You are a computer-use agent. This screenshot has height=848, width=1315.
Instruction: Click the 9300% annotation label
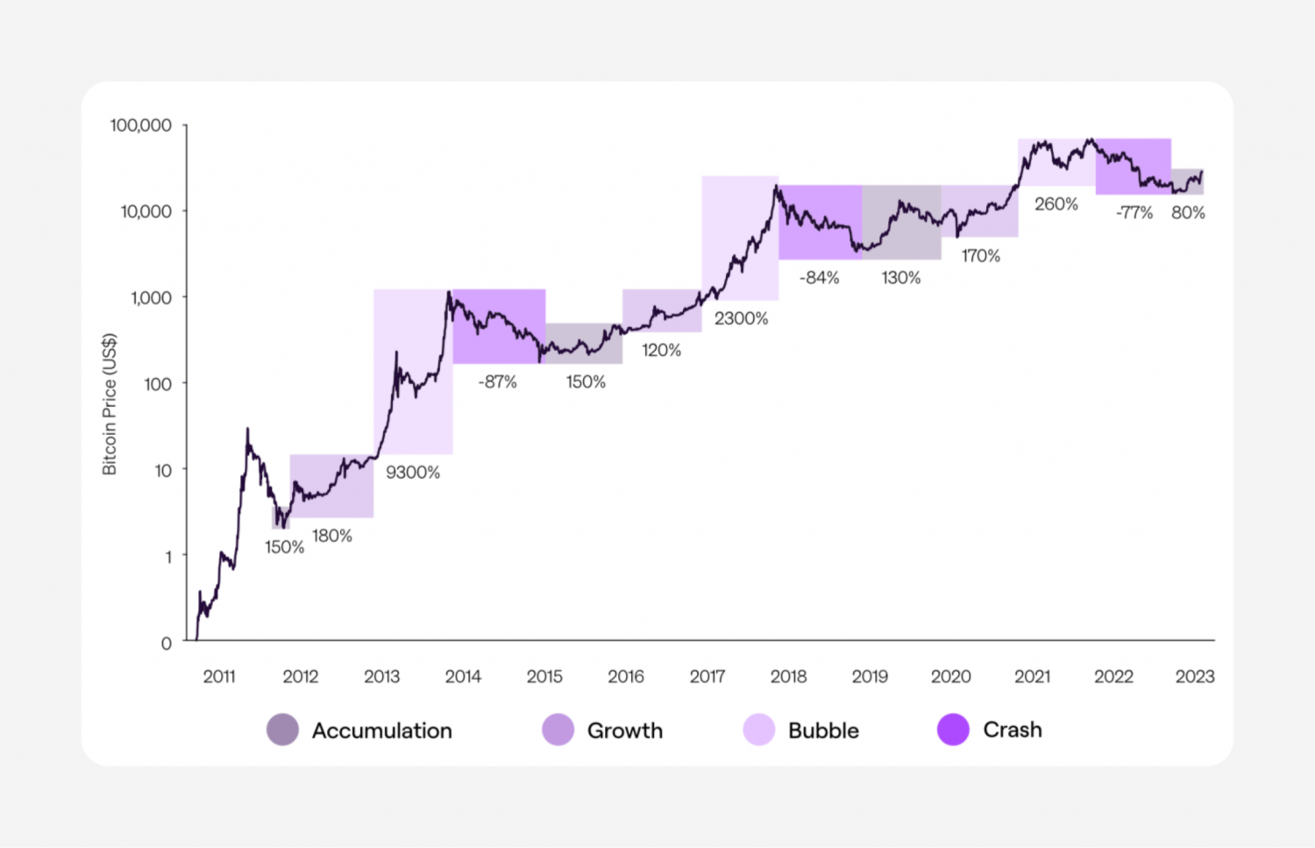pos(413,473)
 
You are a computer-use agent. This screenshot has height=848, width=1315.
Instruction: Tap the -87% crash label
pos(497,382)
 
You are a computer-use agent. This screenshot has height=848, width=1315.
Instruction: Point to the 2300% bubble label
pos(741,319)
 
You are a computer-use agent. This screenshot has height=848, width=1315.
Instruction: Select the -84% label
pos(819,278)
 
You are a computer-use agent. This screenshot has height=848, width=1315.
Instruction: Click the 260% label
pos(1056,204)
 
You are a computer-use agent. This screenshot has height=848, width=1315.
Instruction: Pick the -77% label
pos(1134,213)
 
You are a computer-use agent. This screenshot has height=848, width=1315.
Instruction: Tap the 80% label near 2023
pos(1188,213)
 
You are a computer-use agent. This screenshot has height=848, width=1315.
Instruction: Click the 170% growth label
pos(980,256)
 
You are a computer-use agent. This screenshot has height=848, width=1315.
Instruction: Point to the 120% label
pos(661,351)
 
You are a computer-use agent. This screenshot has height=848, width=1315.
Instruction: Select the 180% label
pos(332,536)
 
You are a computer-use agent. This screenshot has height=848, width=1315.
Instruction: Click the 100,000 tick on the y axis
pos(140,125)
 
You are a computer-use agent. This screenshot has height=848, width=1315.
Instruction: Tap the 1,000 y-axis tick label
pos(151,298)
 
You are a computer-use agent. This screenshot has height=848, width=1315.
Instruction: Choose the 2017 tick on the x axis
pos(707,677)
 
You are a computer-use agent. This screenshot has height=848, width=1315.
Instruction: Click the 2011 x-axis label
pos(219,677)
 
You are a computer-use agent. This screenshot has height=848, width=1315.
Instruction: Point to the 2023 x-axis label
pos(1194,677)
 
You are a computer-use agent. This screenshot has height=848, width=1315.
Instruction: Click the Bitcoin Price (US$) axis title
pos(110,404)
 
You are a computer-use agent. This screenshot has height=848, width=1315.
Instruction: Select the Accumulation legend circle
pos(282,730)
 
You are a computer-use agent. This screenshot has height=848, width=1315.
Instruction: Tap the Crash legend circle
pos(953,730)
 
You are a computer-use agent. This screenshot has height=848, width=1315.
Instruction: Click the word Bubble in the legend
pos(823,730)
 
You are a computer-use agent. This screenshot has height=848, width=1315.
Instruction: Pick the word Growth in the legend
pos(624,730)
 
